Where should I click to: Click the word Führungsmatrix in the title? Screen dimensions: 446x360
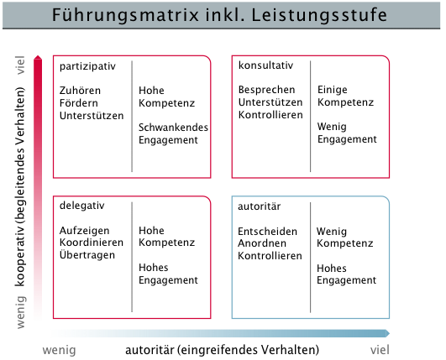point(125,15)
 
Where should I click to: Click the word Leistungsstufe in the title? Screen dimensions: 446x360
point(319,15)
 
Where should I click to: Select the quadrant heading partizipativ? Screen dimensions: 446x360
point(87,67)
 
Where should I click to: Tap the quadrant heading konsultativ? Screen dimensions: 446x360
point(265,65)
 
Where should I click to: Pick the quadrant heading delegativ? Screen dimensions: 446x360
point(82,206)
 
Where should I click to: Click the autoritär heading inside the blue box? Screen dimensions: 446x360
point(260,206)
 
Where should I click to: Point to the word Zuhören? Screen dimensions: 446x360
point(80,91)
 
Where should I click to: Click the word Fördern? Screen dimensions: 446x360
point(78,103)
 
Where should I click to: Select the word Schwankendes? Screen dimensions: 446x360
point(173,128)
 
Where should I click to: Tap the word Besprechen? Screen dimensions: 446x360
point(266,90)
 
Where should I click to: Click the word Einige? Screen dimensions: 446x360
point(333,90)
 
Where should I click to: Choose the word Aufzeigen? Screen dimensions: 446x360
point(84,231)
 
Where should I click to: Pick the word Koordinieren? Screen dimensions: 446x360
point(92,243)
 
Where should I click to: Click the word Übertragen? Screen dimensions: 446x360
point(87,254)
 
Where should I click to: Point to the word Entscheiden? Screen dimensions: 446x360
point(267,232)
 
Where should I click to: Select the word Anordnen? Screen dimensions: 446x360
point(262,243)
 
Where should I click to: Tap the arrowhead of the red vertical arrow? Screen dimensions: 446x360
point(38,57)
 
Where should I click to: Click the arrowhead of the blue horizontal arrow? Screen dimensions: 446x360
point(387,333)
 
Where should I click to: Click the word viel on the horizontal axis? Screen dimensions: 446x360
point(380,350)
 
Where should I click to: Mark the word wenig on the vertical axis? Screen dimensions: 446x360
point(21,312)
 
